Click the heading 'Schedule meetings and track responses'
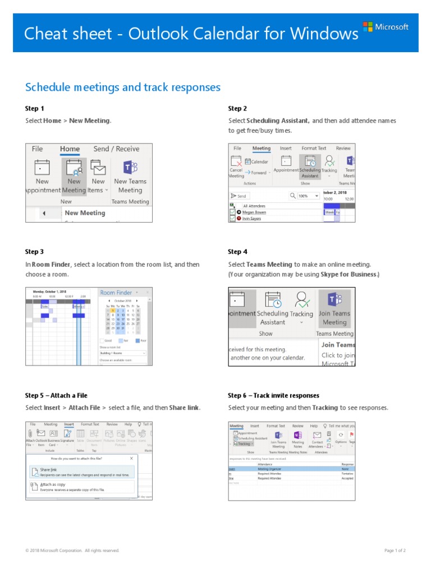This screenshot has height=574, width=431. click(x=123, y=87)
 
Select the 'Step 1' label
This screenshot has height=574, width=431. click(x=34, y=109)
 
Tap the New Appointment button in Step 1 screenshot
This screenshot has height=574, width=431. click(x=42, y=177)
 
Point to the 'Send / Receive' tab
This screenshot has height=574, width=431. click(x=116, y=149)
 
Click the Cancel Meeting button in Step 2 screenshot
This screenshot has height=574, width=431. click(x=236, y=166)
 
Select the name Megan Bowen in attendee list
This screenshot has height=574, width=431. click(x=254, y=212)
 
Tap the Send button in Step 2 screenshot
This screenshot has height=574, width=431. click(x=239, y=196)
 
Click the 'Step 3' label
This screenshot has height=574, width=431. click(x=34, y=252)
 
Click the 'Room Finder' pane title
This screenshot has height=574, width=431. click(x=116, y=293)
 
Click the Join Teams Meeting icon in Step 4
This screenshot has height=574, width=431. click(x=334, y=308)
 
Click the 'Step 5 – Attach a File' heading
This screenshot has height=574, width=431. click(x=56, y=395)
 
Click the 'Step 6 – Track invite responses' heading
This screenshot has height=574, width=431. click(x=273, y=395)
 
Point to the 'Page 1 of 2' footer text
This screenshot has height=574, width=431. click(x=395, y=550)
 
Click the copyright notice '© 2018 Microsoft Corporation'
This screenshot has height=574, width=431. click(x=72, y=550)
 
